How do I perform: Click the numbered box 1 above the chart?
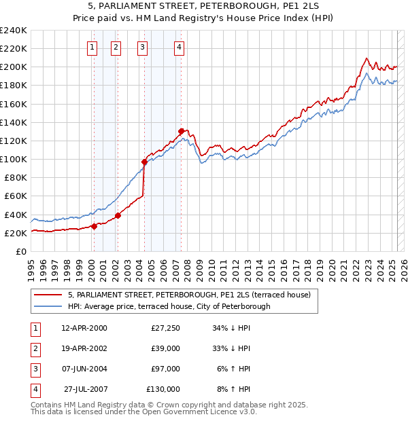[92, 48]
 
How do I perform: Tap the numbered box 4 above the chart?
[179, 48]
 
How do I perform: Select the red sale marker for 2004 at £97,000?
[144, 162]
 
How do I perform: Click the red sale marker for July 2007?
[182, 131]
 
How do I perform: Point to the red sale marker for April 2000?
[94, 227]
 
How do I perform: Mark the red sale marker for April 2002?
[118, 216]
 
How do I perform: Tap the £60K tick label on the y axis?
[15, 196]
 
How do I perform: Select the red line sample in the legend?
[48, 295]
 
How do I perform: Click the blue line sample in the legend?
[48, 306]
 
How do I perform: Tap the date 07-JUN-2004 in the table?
[84, 369]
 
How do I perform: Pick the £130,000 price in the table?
[163, 389]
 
